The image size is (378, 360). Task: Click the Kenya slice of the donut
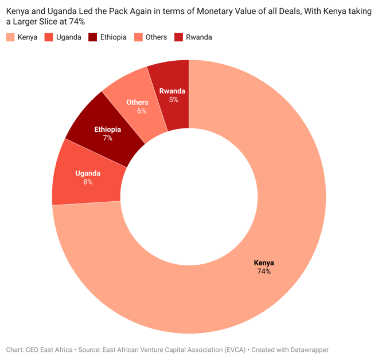click(x=287, y=229)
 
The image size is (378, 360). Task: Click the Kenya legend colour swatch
click(x=10, y=37)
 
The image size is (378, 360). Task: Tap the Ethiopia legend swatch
click(x=92, y=37)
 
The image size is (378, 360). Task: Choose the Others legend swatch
click(x=138, y=37)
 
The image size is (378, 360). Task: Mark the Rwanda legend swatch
click(x=179, y=37)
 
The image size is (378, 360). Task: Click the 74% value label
click(x=264, y=271)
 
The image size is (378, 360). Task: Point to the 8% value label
click(x=88, y=182)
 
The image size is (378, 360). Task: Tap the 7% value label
click(x=107, y=138)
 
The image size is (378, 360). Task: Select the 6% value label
click(x=141, y=111)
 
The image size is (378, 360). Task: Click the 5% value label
click(x=173, y=99)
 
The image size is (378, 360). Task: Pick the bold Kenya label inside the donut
click(x=264, y=263)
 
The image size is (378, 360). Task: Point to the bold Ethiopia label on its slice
click(x=107, y=130)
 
